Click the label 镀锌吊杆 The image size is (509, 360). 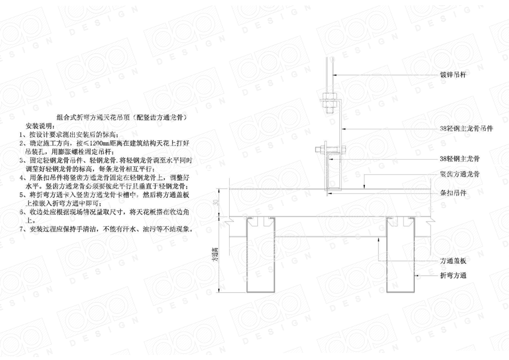[x=453, y=75]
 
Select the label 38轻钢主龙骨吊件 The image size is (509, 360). [x=466, y=129]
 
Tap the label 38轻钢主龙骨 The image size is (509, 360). [x=457, y=159]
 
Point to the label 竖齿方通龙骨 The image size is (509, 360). [x=460, y=174]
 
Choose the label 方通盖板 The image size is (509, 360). [x=453, y=261]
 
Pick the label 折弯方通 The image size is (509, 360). [x=453, y=276]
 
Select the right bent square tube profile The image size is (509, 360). [x=401, y=257]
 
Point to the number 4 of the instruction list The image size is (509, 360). [x=22, y=178]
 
